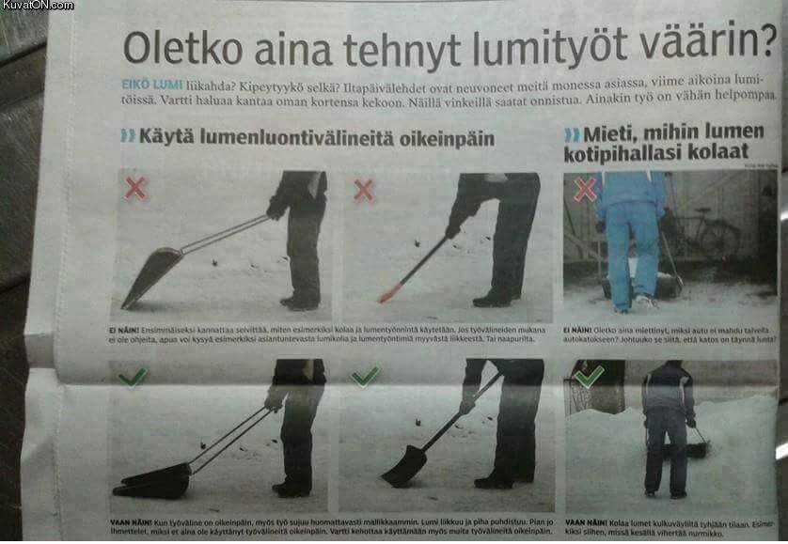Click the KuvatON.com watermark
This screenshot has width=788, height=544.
[x=38, y=6]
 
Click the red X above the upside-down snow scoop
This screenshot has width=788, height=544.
[x=136, y=188]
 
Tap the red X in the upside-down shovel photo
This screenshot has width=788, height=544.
[x=364, y=190]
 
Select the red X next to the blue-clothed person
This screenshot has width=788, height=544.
[x=585, y=189]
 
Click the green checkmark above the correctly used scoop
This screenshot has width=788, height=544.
[x=133, y=377]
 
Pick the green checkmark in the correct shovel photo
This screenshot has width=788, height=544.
[x=364, y=376]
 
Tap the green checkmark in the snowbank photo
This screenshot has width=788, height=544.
[x=589, y=376]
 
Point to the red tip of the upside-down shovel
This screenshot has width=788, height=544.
[x=386, y=295]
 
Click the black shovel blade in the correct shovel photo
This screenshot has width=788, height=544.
[x=404, y=466]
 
